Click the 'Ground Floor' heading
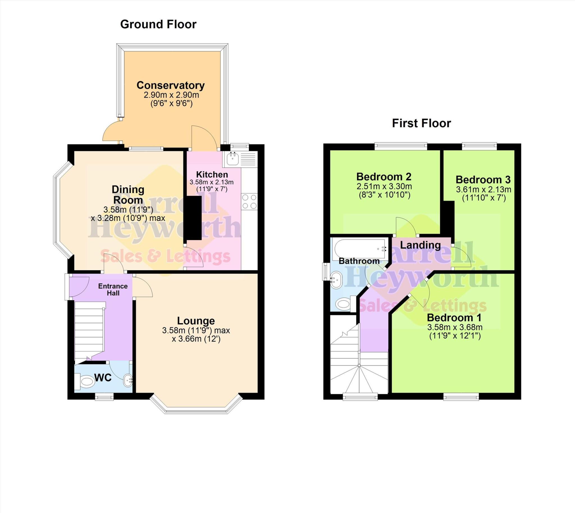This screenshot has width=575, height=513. click(158, 24)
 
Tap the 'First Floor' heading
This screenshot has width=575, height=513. click(421, 124)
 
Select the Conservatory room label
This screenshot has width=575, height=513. click(170, 85)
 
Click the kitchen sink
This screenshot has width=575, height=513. click(233, 159)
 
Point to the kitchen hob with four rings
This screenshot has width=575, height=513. click(249, 202)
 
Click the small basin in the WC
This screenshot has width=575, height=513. click(128, 380)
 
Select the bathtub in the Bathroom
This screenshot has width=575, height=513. click(360, 248)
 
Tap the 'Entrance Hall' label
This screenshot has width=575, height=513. click(113, 289)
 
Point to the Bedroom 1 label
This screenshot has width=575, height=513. click(454, 318)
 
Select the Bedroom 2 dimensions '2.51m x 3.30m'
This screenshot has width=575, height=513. click(384, 186)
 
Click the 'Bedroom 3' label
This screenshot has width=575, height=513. click(483, 179)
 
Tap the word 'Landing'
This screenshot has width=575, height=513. click(420, 245)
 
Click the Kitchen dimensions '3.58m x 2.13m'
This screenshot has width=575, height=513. click(211, 182)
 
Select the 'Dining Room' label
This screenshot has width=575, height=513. click(128, 195)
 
